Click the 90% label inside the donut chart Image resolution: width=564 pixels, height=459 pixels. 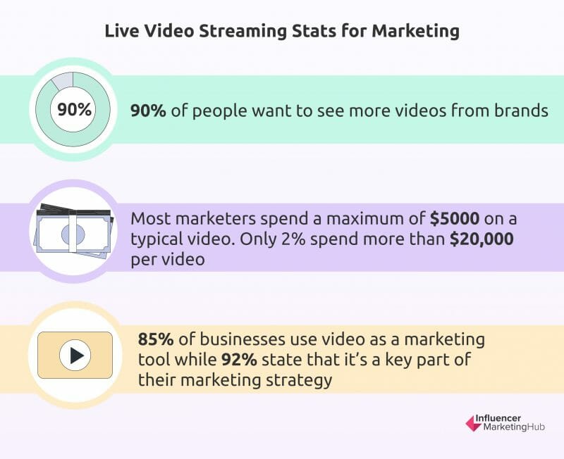click(75, 110)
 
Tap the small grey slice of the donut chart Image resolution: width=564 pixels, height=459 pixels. click(63, 80)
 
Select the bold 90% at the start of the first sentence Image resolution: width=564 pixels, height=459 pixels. click(148, 111)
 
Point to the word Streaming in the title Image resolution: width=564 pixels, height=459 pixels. click(243, 31)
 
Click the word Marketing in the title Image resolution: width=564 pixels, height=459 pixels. click(415, 31)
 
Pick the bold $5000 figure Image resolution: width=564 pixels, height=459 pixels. click(455, 218)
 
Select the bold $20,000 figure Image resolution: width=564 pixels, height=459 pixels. click(482, 239)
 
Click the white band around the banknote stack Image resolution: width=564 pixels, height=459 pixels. click(75, 233)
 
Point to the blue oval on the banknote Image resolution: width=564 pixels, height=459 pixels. click(73, 234)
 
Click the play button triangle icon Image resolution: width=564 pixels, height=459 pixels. click(77, 356)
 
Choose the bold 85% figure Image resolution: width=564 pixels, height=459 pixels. click(156, 339)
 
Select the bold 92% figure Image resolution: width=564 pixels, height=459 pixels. click(239, 360)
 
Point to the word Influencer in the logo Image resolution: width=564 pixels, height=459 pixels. click(498, 418)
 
